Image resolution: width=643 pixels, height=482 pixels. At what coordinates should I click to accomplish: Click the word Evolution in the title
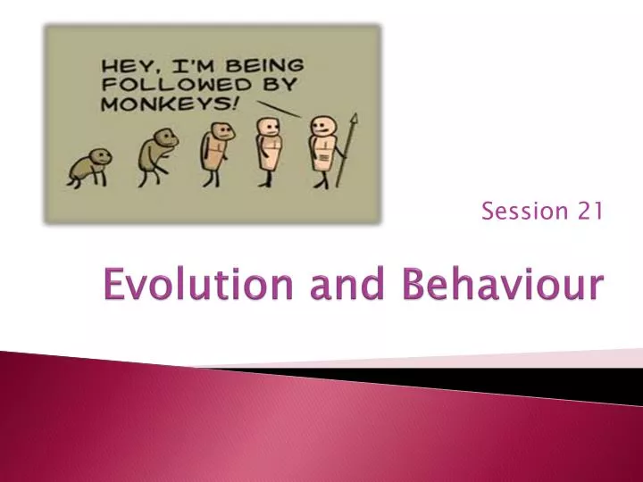[x=180, y=287]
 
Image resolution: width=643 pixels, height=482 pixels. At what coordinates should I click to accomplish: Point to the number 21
[x=589, y=211]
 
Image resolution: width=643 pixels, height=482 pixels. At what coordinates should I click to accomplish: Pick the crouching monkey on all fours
[x=90, y=166]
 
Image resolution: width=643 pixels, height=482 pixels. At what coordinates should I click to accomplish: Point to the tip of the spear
[x=351, y=116]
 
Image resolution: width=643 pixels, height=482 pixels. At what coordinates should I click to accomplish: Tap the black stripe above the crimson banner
[x=447, y=375]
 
